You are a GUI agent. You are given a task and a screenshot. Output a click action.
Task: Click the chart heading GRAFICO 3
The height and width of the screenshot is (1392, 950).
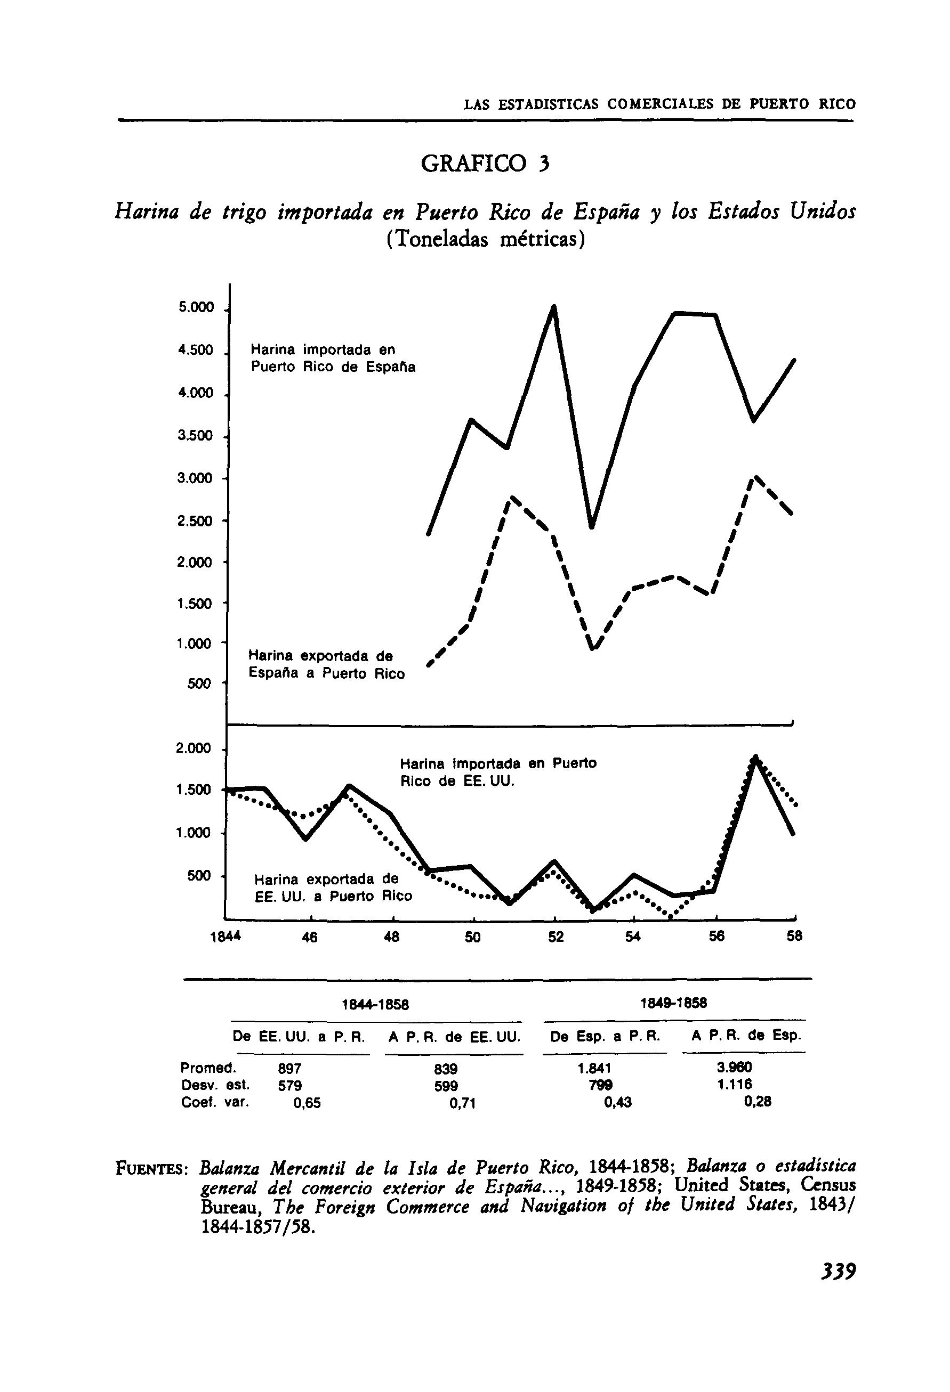(485, 163)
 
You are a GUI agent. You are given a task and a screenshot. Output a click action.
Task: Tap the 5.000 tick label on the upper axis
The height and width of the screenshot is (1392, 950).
(196, 308)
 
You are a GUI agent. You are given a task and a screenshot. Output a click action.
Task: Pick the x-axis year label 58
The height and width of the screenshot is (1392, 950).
(794, 937)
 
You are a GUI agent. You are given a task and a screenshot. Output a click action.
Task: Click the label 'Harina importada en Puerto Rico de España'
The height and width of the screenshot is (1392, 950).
(333, 357)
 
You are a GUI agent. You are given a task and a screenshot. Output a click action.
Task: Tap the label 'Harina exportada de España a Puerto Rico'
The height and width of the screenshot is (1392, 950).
(326, 664)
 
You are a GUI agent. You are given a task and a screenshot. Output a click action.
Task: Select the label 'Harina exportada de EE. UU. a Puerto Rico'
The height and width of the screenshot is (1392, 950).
(333, 888)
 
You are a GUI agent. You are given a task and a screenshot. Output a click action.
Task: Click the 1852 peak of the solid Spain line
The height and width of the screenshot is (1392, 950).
(554, 308)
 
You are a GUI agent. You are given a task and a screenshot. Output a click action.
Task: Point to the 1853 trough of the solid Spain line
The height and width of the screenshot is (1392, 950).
(592, 527)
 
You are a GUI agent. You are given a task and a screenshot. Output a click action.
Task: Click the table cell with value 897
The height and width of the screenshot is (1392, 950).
(289, 1069)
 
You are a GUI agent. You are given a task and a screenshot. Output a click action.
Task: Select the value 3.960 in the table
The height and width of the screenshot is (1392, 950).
(734, 1068)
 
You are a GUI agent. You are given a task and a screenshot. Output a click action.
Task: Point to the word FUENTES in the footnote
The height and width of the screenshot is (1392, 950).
(152, 1168)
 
